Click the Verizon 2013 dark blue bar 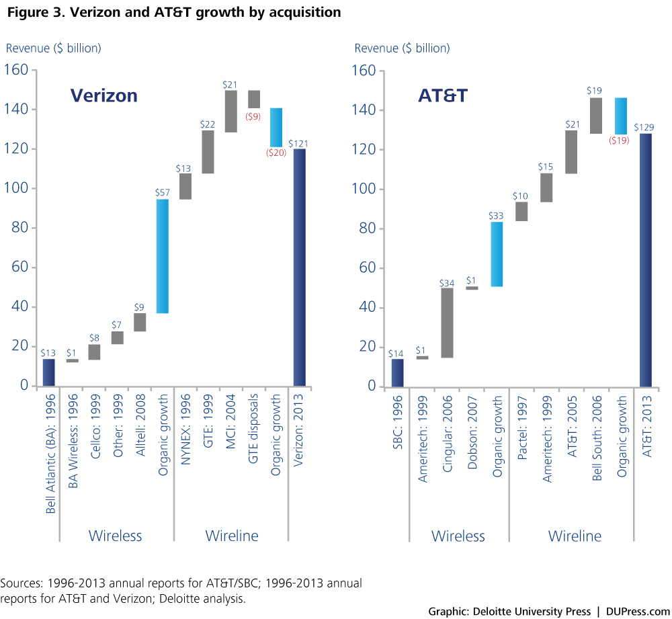click(x=300, y=267)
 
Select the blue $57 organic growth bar click(x=163, y=256)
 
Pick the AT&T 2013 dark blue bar click(x=646, y=260)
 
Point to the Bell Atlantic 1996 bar click(x=48, y=372)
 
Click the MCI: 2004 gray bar click(x=231, y=111)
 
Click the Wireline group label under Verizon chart click(x=231, y=536)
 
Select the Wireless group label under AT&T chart click(x=458, y=536)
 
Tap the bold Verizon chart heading click(x=104, y=95)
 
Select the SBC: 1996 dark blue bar click(x=398, y=373)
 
